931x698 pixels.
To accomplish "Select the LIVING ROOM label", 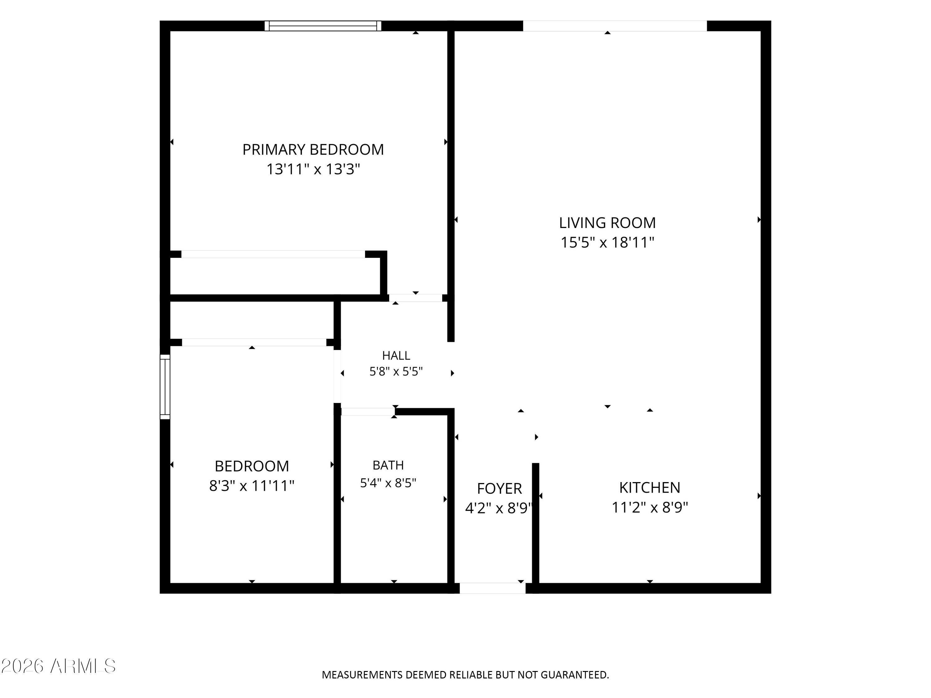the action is point(607,222).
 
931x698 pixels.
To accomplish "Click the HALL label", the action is point(396,356).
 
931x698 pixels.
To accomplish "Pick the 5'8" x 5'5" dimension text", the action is point(396,372).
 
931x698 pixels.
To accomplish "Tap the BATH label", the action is point(388,465).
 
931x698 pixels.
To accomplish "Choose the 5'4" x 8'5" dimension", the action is point(388,483).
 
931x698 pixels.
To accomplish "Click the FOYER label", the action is point(500,489).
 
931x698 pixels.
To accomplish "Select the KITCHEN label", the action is point(650,487).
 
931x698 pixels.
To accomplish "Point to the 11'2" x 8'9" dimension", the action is point(650,508).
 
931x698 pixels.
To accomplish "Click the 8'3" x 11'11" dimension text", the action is point(252,486).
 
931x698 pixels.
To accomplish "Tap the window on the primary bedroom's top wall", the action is point(323,26).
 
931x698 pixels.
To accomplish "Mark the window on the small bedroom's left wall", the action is point(165,387).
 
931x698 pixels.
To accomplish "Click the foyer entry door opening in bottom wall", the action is point(492,588).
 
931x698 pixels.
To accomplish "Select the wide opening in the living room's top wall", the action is point(615,26).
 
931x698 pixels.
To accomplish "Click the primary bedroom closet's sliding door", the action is point(273,254).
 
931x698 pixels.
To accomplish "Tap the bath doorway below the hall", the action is point(367,411).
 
